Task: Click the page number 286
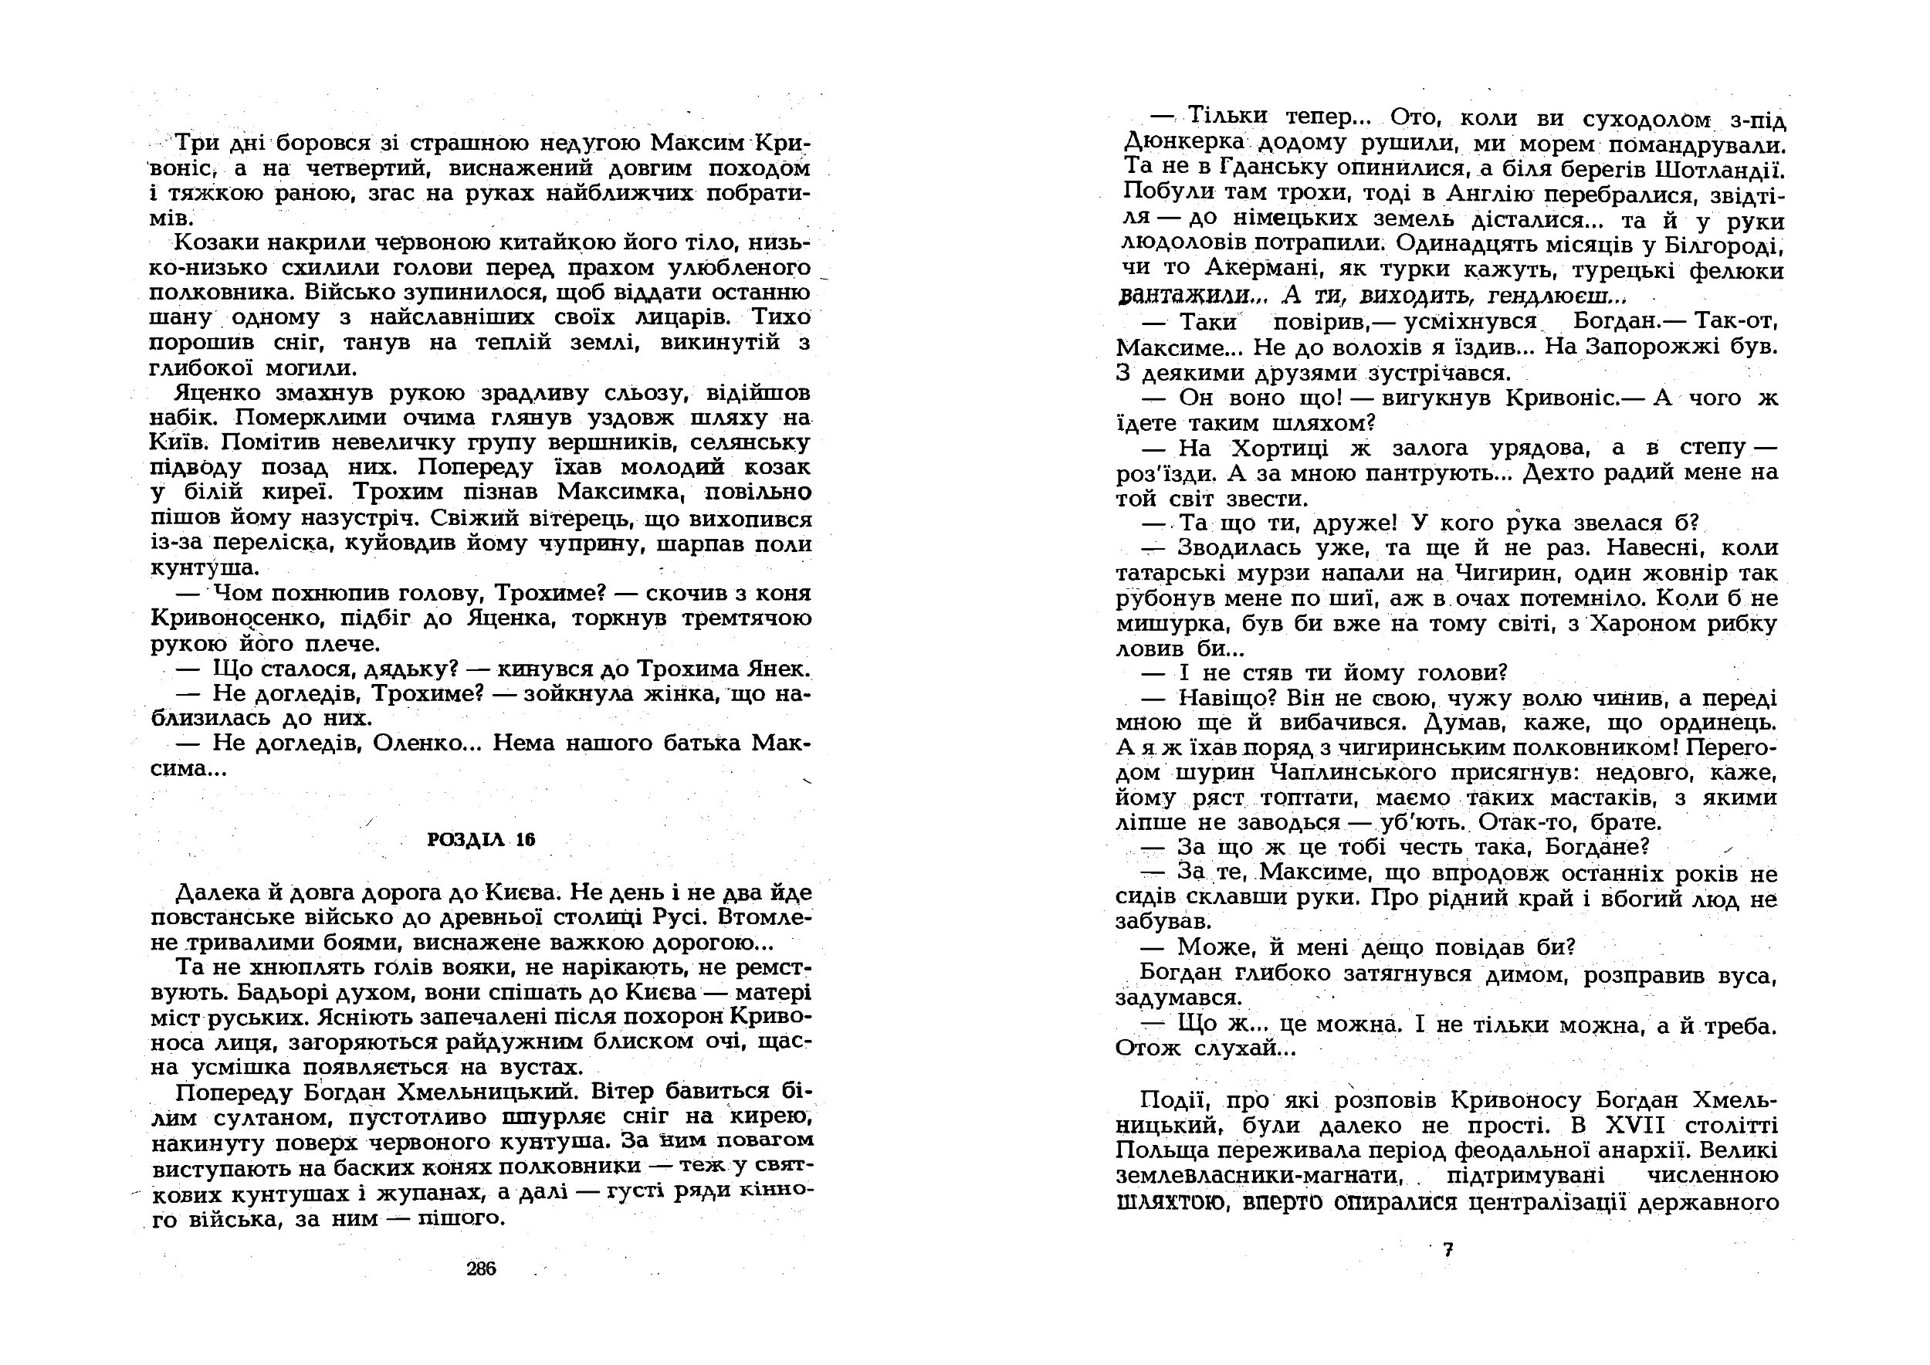pyautogui.click(x=482, y=1269)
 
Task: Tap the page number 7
pyautogui.click(x=1447, y=1250)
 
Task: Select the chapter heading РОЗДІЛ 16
pyautogui.click(x=481, y=840)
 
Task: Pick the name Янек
pyautogui.click(x=779, y=669)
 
